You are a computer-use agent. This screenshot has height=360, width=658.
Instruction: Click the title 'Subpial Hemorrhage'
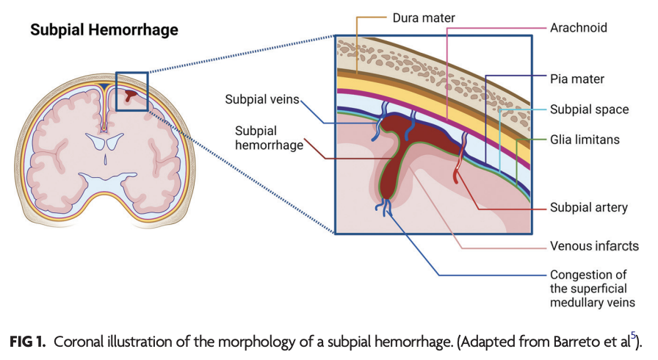tap(104, 30)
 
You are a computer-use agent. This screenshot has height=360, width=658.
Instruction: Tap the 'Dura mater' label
tap(424, 18)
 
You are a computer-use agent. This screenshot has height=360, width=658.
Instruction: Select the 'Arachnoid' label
tap(579, 28)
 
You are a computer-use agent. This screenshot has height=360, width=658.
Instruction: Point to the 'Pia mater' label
tap(577, 79)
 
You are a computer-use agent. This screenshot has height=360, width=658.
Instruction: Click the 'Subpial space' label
tap(589, 109)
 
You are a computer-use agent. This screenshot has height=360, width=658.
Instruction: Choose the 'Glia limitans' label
tap(585, 140)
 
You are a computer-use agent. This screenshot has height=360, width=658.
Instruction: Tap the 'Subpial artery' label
tap(589, 207)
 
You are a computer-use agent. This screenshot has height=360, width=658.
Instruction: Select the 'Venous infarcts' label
tap(594, 246)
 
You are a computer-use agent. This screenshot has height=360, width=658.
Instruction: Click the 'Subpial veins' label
tap(262, 99)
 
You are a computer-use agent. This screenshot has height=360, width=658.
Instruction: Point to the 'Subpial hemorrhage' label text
tap(269, 137)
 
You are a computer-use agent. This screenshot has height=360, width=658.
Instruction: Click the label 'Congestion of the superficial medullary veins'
tap(592, 289)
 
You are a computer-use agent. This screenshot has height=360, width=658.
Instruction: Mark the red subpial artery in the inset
tap(460, 159)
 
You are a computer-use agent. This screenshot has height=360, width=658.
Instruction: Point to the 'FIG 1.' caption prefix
tap(27, 342)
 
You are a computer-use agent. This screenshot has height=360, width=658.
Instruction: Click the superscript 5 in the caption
tap(633, 335)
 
